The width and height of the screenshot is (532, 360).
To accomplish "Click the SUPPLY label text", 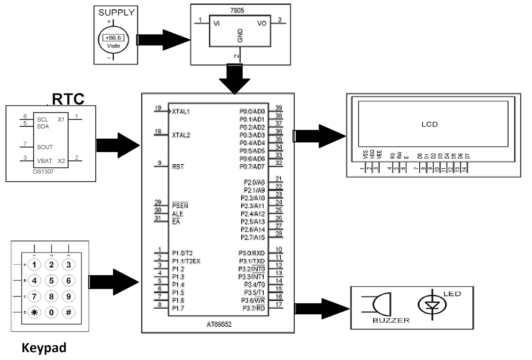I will point(116,13).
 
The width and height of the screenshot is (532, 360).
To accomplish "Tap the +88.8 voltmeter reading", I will point(113,38).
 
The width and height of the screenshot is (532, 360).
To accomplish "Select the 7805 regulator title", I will point(237,11).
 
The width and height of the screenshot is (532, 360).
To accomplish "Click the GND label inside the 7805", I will point(240,36).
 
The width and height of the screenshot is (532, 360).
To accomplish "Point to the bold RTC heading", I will point(68,99).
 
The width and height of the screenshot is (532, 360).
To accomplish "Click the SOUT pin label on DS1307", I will point(45,147).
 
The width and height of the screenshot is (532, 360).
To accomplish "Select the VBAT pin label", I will point(45,161).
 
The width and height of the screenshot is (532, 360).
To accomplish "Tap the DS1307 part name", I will point(43,172).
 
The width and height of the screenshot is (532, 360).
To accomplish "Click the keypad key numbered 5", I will point(51,280).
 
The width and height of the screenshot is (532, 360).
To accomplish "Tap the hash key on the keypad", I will point(68,312).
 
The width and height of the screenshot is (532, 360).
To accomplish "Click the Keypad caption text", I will point(44,348).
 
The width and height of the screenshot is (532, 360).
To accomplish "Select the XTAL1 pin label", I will point(181,111).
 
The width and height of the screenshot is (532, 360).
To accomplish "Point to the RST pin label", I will point(178,167).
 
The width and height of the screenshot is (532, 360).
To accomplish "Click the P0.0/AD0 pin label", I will point(252,111).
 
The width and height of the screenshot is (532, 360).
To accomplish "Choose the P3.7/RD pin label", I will point(254,308).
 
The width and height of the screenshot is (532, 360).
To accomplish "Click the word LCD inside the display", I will point(429,124).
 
